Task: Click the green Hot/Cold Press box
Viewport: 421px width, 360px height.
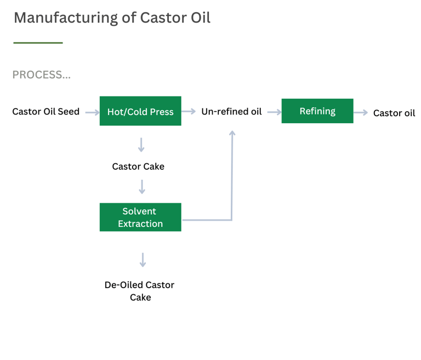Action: click(140, 111)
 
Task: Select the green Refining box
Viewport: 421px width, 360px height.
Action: click(317, 111)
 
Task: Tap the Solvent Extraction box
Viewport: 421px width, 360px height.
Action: click(140, 217)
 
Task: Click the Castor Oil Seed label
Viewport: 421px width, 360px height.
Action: click(46, 111)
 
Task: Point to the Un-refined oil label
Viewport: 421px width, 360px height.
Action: click(231, 111)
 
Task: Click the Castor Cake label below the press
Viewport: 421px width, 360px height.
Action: click(138, 167)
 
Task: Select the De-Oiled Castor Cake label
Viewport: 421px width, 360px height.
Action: click(140, 291)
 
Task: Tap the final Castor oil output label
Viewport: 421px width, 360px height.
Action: click(394, 113)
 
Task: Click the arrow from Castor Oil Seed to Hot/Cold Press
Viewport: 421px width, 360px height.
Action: click(92, 112)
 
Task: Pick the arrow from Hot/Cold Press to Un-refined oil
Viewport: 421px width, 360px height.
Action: click(189, 111)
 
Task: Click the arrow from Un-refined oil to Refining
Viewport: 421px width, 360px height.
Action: click(275, 112)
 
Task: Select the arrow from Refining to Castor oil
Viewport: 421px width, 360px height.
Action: click(361, 112)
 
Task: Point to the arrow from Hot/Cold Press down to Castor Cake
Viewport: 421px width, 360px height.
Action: click(141, 145)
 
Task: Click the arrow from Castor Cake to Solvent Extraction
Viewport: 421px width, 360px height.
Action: click(142, 187)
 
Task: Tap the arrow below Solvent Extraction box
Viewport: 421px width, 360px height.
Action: click(143, 260)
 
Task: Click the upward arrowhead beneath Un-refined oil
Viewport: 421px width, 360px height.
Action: click(232, 133)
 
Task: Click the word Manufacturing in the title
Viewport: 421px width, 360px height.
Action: click(66, 18)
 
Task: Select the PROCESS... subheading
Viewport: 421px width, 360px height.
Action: click(42, 75)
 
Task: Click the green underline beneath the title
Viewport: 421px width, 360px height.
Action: click(38, 43)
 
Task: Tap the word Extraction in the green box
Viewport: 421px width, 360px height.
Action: click(140, 224)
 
